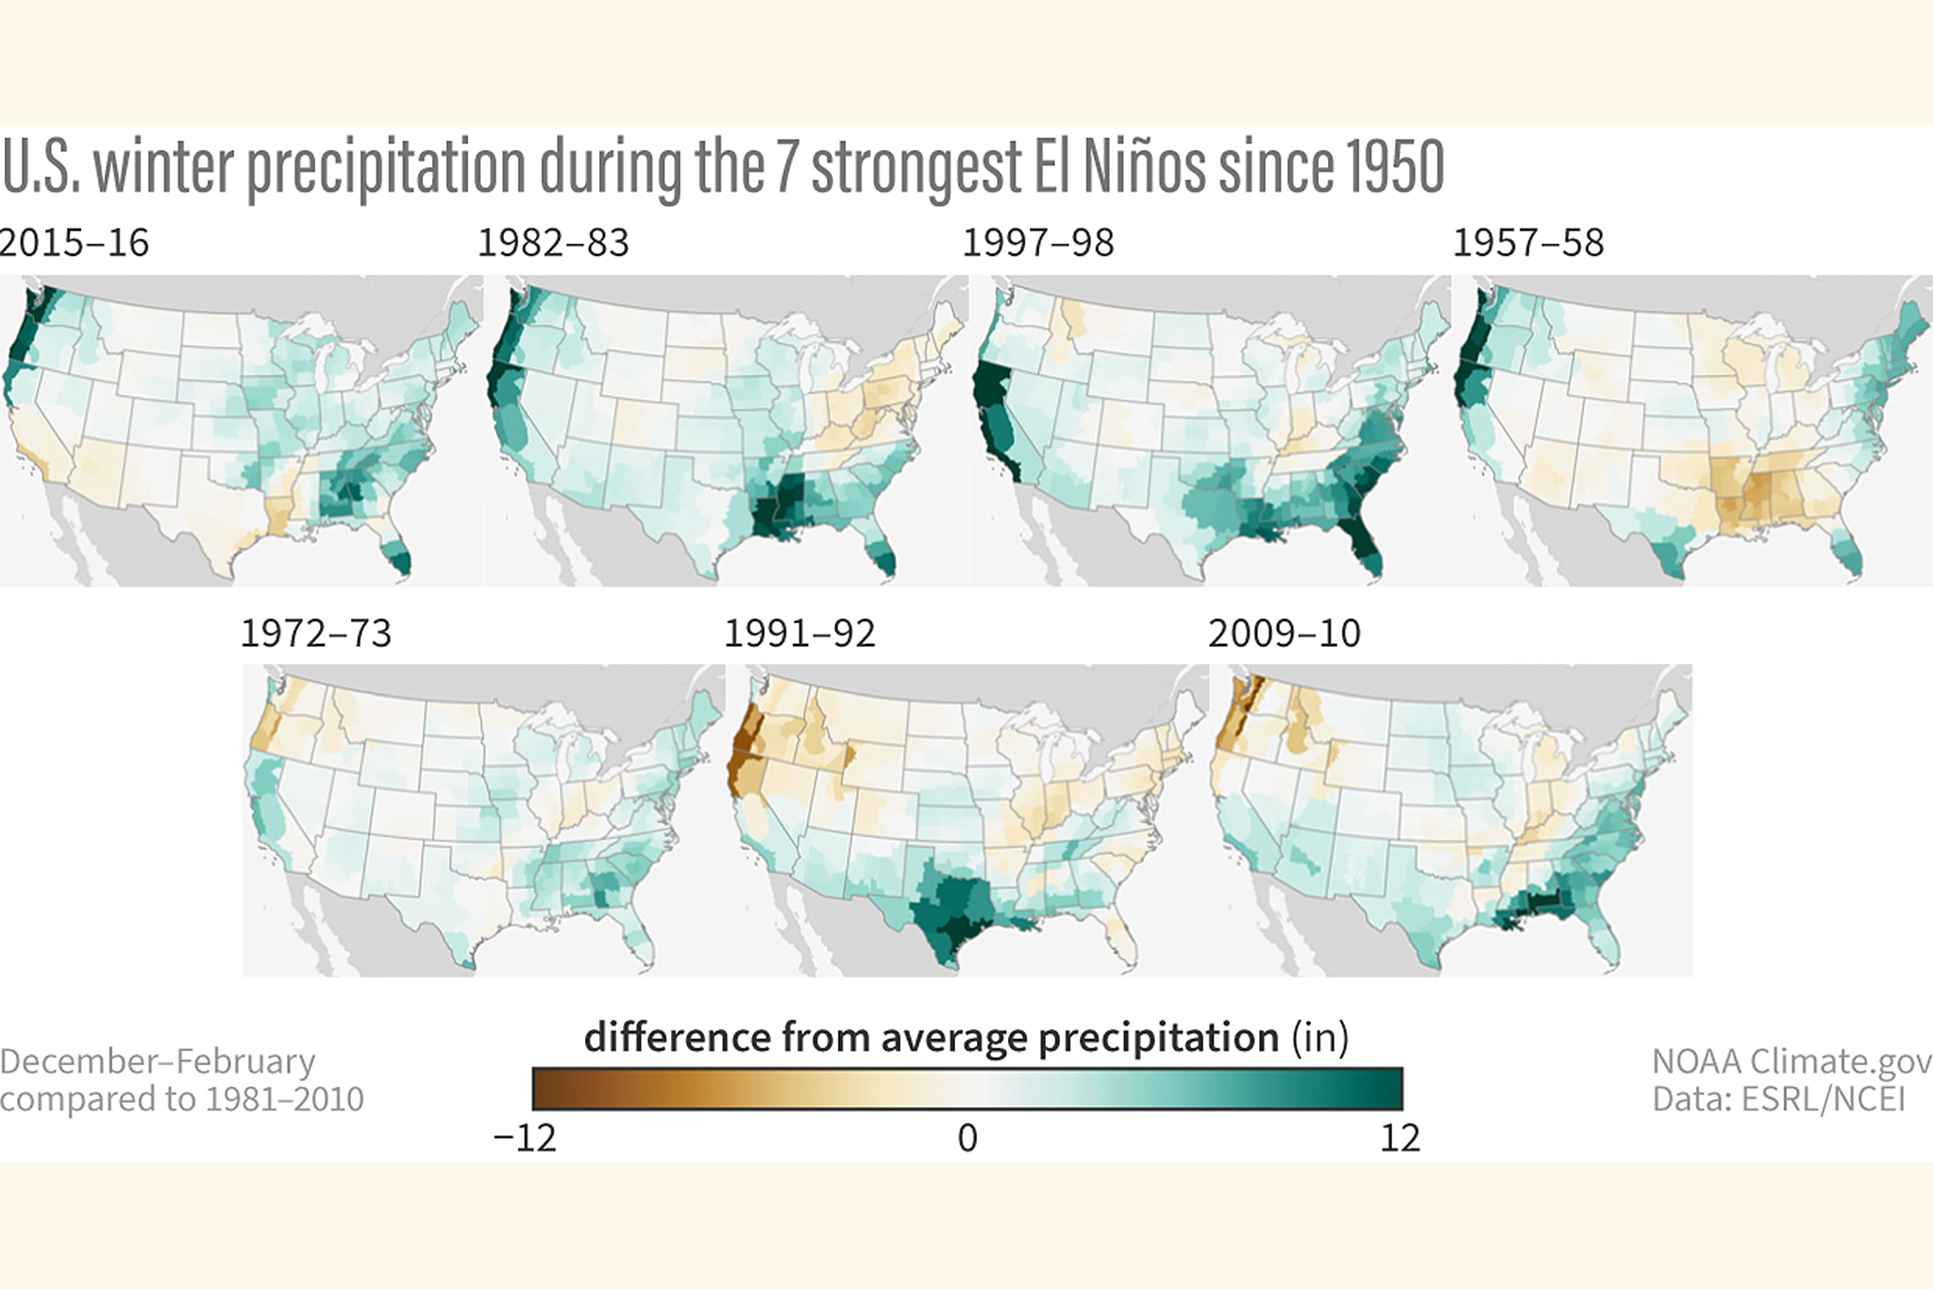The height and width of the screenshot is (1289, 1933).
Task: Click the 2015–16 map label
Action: coord(74,243)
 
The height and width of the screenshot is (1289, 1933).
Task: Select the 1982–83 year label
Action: coord(553,243)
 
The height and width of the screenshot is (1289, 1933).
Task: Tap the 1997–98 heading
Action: coord(1037,243)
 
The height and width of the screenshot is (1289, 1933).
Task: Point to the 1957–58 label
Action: coord(1527,243)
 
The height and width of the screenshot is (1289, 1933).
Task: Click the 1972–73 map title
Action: coord(315,633)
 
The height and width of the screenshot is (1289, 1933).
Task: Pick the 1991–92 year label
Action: coord(799,633)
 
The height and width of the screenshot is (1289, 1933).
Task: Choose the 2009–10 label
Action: coord(1284,633)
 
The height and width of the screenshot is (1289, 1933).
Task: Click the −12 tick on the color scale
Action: coord(525,1138)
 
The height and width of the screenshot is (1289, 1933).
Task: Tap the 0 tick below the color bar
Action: coord(967,1138)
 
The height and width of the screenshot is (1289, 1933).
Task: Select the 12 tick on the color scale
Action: coord(1400,1138)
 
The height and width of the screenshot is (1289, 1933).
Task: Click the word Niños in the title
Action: coord(1144,167)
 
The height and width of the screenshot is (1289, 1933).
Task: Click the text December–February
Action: coord(158,1061)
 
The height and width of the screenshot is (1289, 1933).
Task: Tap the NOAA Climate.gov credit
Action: coord(1790,1061)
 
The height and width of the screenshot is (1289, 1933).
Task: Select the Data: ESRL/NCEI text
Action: coord(1778,1099)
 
